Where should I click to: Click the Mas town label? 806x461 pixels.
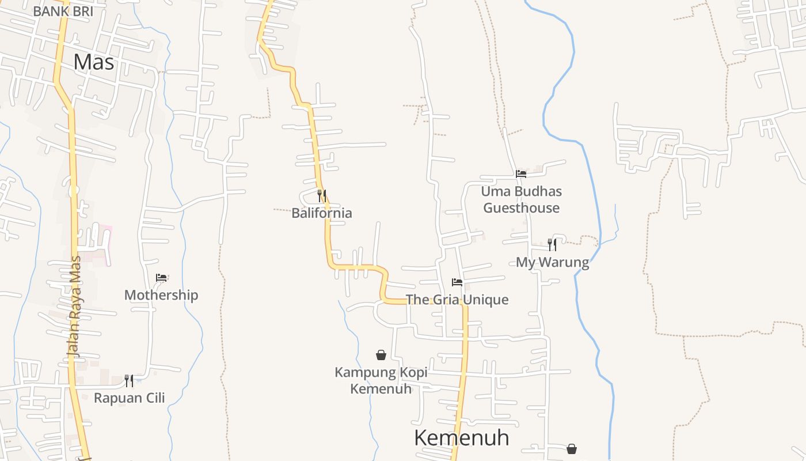pyautogui.click(x=94, y=62)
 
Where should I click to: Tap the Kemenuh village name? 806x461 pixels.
pyautogui.click(x=461, y=438)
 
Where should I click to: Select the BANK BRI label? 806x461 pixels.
pyautogui.click(x=63, y=11)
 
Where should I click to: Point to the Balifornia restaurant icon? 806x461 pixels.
pyautogui.click(x=322, y=196)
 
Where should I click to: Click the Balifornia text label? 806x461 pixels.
pyautogui.click(x=321, y=213)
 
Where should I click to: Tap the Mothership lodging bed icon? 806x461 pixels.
pyautogui.click(x=161, y=278)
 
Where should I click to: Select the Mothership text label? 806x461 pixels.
pyautogui.click(x=161, y=295)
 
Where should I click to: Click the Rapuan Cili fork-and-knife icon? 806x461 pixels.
pyautogui.click(x=129, y=380)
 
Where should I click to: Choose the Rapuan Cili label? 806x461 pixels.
pyautogui.click(x=129, y=398)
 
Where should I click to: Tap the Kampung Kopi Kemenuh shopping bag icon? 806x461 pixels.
pyautogui.click(x=381, y=355)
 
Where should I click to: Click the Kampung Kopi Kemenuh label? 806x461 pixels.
pyautogui.click(x=381, y=380)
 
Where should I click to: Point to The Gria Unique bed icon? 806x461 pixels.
pyautogui.click(x=457, y=282)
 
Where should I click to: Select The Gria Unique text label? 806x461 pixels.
pyautogui.click(x=457, y=300)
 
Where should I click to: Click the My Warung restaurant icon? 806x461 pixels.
pyautogui.click(x=552, y=245)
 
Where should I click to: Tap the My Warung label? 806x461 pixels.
pyautogui.click(x=552, y=263)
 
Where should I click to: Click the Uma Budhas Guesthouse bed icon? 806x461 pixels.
pyautogui.click(x=521, y=173)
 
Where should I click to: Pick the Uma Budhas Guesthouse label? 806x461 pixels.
pyautogui.click(x=521, y=199)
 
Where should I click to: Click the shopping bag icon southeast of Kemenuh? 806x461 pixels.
pyautogui.click(x=572, y=448)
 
